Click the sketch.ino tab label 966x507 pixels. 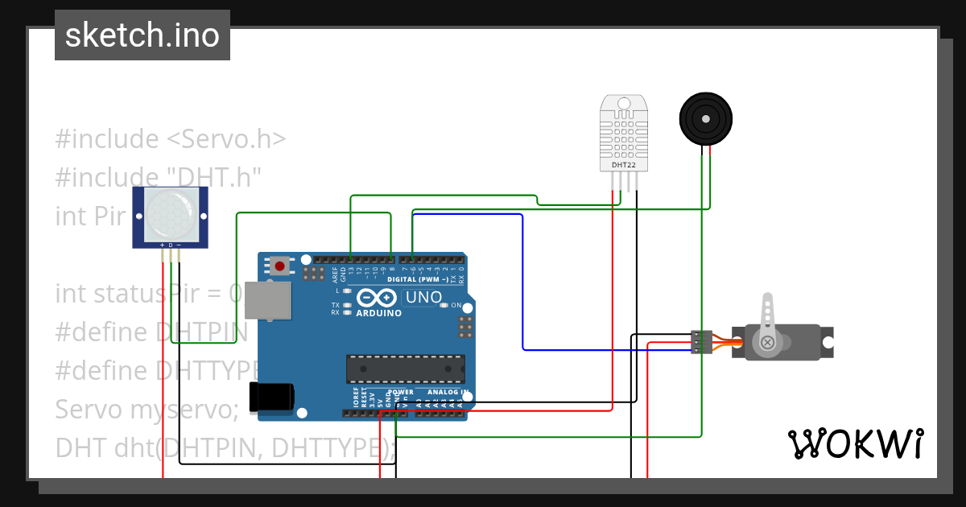tap(142, 35)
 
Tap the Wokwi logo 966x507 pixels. tap(855, 443)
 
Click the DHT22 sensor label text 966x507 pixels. tap(624, 164)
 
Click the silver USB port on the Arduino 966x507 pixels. tap(267, 301)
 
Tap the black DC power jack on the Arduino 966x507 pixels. tap(271, 398)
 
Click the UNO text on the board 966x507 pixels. tap(423, 297)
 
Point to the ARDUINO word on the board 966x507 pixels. tap(378, 313)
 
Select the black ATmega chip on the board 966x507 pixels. tap(406, 369)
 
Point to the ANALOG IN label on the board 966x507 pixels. tap(448, 392)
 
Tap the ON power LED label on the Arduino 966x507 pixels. tap(456, 306)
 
